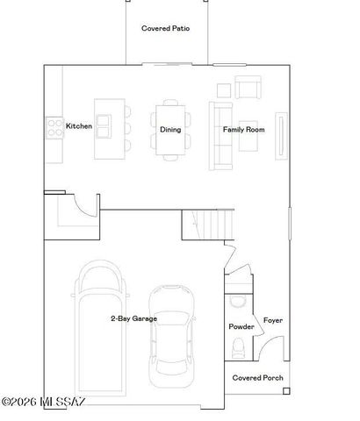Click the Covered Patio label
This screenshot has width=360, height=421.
[166, 28]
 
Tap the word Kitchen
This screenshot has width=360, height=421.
[79, 126]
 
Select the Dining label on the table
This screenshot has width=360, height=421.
[170, 130]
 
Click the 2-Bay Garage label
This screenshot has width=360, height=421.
[133, 318]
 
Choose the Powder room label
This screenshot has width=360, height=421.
[241, 326]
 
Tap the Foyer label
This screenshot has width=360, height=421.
[272, 320]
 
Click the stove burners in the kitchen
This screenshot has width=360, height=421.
[54, 126]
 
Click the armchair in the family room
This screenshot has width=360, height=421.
[249, 89]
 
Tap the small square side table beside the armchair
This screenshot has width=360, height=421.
[223, 89]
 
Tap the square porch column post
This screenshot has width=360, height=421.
[286, 391]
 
